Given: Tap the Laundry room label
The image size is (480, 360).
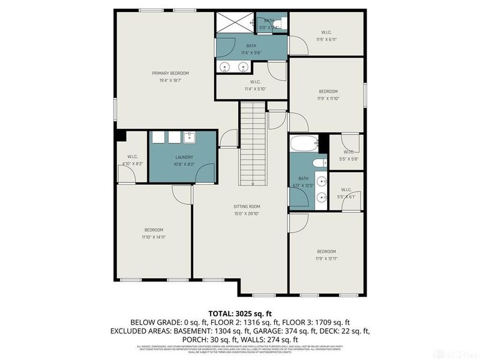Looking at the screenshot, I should (184, 157).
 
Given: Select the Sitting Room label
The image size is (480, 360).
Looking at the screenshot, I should (247, 206).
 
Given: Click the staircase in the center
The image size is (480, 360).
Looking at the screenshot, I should (253, 144).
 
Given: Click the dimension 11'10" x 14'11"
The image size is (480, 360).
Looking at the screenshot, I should (154, 237).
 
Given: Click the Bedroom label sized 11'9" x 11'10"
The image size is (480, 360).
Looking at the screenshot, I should (326, 92).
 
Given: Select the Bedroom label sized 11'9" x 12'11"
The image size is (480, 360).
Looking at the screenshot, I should (326, 251).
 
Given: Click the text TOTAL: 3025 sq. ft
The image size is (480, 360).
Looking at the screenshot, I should (239, 314).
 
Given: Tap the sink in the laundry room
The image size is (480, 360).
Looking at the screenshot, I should (190, 137).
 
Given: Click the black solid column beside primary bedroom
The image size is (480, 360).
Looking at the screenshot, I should (119, 136).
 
